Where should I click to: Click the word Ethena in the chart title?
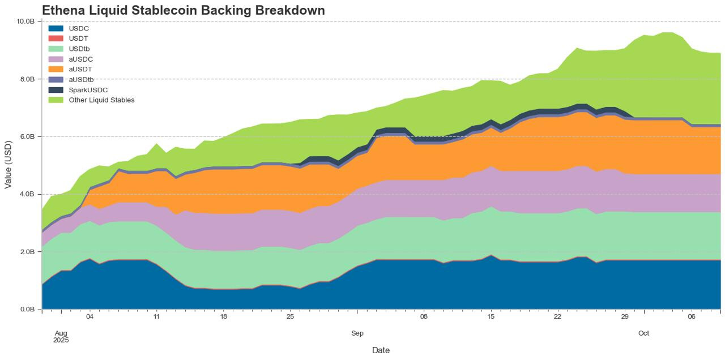pyautogui.click(x=64, y=10)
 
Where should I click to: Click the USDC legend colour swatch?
pyautogui.click(x=56, y=28)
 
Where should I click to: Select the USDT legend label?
pyautogui.click(x=79, y=38)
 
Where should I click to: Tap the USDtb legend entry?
pyautogui.click(x=79, y=49)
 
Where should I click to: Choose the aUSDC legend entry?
pyautogui.click(x=80, y=59)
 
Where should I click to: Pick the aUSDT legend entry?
pyautogui.click(x=80, y=69)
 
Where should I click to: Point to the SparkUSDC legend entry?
pyautogui.click(x=88, y=90)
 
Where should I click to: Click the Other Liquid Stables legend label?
pyautogui.click(x=101, y=100)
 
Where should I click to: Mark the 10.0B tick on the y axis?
pyautogui.click(x=26, y=22)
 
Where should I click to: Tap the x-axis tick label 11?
pyautogui.click(x=156, y=317)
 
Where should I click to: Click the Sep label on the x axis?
pyautogui.click(x=357, y=333)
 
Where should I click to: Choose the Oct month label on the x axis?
pyautogui.click(x=643, y=333)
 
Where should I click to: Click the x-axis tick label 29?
pyautogui.click(x=625, y=317)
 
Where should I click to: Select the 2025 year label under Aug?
pyautogui.click(x=61, y=341)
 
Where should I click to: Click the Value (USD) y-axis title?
pyautogui.click(x=8, y=164)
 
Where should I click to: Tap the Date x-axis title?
pyautogui.click(x=381, y=350)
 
